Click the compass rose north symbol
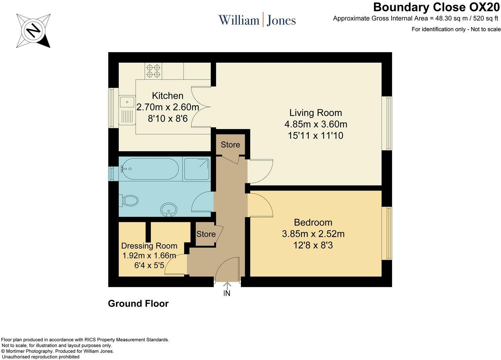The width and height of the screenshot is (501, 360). coord(33,31)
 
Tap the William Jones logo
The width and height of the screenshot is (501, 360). coord(257,20)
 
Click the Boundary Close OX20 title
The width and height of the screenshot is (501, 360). coord(436,7)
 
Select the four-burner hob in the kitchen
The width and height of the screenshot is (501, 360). coord(153,71)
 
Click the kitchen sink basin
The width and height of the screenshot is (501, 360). coord(127,102)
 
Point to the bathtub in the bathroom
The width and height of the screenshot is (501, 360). coord(149,169)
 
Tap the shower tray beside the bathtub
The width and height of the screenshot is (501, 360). coord(197,169)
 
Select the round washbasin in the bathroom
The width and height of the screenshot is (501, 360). coord(169,209)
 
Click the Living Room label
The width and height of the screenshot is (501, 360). coord(315,113)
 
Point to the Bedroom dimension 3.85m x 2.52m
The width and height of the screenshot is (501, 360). coord(313,234)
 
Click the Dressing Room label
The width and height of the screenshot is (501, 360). coord(149,246)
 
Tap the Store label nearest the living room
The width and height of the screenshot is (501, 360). coord(231,145)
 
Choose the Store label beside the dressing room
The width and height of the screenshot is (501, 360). coord(206,234)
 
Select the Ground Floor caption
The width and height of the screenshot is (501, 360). coord(138,303)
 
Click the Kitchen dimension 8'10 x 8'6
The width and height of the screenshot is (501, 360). coord(168,118)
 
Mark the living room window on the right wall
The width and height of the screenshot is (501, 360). coord(387,123)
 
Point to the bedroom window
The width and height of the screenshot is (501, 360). coord(387,233)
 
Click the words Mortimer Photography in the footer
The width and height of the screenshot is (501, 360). coord(29,351)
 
